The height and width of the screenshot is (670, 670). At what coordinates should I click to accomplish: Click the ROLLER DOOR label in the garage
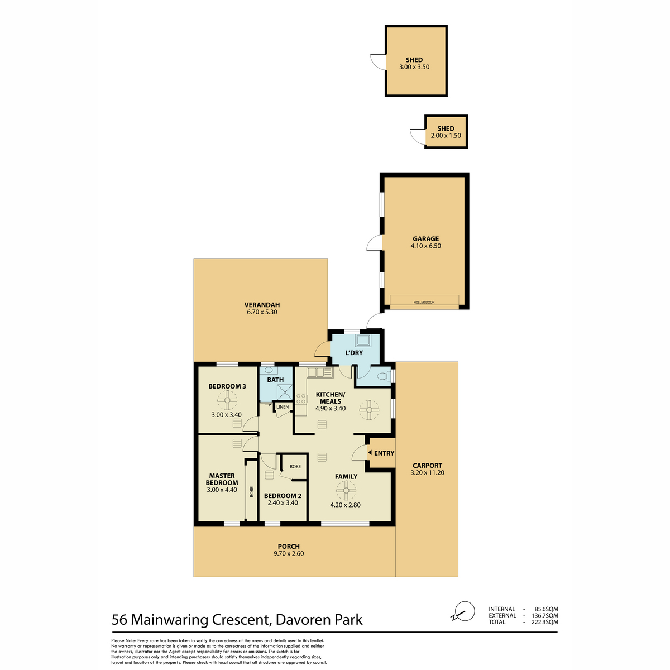(x=424, y=303)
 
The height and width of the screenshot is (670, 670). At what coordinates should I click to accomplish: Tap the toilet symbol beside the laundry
(x=384, y=376)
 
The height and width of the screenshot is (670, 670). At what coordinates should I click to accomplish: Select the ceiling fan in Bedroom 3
(x=227, y=400)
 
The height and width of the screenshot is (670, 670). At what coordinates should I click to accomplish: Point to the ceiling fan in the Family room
(x=346, y=490)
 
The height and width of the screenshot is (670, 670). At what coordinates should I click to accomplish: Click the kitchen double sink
(x=320, y=373)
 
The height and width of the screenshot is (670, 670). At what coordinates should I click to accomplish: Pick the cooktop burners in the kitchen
(x=301, y=399)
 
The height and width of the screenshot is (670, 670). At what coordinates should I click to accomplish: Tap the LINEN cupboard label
(x=283, y=407)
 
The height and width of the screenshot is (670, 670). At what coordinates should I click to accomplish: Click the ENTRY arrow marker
(x=370, y=453)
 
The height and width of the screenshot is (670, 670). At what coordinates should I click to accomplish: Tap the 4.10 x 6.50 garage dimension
(x=425, y=246)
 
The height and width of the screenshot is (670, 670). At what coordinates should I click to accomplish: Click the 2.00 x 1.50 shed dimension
(x=446, y=136)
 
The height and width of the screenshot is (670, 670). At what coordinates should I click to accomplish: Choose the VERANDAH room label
(x=262, y=305)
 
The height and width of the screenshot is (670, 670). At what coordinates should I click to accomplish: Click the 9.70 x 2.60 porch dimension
(x=289, y=553)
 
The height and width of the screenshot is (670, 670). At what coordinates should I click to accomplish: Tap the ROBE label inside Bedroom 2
(x=295, y=467)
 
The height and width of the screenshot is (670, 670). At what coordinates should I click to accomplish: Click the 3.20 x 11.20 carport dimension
(x=427, y=472)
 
